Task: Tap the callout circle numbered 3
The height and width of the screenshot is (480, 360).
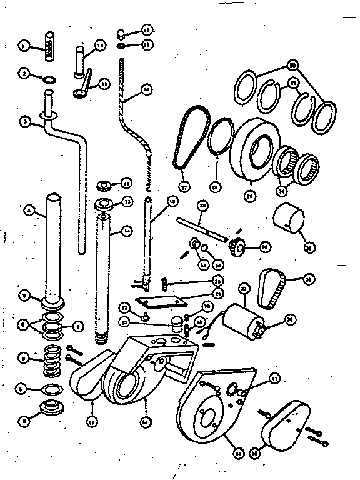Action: pyautogui.click(x=24, y=123)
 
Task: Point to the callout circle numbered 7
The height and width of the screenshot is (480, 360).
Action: pyautogui.click(x=78, y=326)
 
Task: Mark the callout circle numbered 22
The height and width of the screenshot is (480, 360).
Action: pyautogui.click(x=125, y=307)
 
